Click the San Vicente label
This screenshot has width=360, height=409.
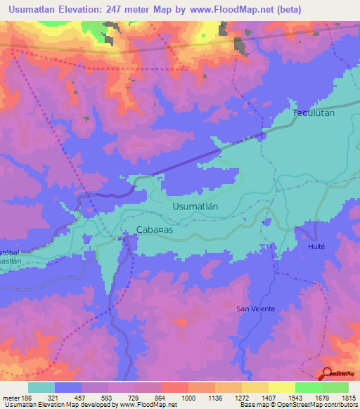(x=255, y=309)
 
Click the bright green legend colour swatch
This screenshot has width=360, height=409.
(x=308, y=387)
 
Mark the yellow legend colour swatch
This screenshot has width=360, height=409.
(x=281, y=387)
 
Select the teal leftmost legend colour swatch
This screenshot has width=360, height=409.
(x=41, y=387)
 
